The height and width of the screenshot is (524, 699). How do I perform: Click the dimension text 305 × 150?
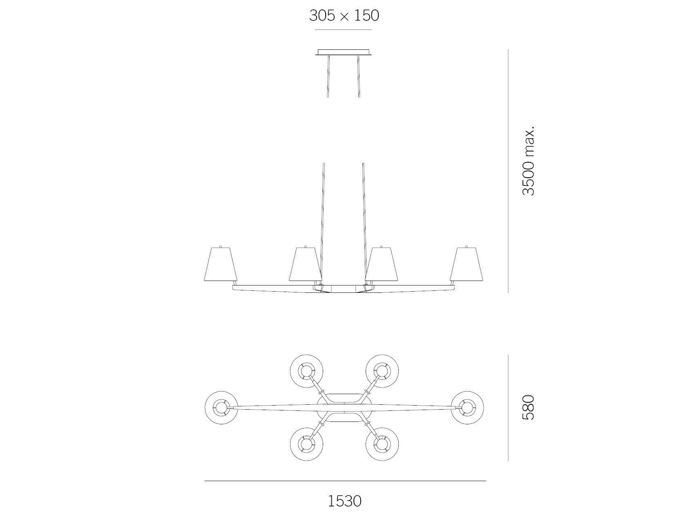click(x=344, y=16)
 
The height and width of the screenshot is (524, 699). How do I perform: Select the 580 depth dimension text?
click(x=528, y=407)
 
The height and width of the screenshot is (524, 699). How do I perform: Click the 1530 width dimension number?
click(x=345, y=501)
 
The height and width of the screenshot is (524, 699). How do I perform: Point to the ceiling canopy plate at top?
click(x=344, y=52)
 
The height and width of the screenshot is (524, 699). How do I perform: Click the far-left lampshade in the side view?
click(x=221, y=265)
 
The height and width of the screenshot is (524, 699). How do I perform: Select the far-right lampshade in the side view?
click(x=466, y=265)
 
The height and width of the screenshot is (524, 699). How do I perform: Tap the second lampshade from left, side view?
click(x=305, y=265)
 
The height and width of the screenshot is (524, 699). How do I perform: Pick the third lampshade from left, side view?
click(x=382, y=265)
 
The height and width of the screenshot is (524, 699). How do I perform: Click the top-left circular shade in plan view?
click(x=306, y=371)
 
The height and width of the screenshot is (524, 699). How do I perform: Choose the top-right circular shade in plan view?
click(x=382, y=371)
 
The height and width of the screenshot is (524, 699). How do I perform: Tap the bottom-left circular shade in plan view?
click(x=306, y=444)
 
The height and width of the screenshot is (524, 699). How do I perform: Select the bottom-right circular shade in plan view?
click(x=382, y=444)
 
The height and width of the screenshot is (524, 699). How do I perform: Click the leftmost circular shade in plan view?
click(x=221, y=408)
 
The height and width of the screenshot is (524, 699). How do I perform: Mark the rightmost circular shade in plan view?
click(x=467, y=408)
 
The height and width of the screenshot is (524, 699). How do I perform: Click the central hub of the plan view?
click(x=344, y=408)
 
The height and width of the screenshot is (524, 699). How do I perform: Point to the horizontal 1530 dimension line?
click(x=345, y=481)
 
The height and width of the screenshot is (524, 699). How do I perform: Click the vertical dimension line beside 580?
click(x=508, y=407)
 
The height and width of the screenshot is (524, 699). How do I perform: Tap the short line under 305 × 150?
click(x=343, y=30)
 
